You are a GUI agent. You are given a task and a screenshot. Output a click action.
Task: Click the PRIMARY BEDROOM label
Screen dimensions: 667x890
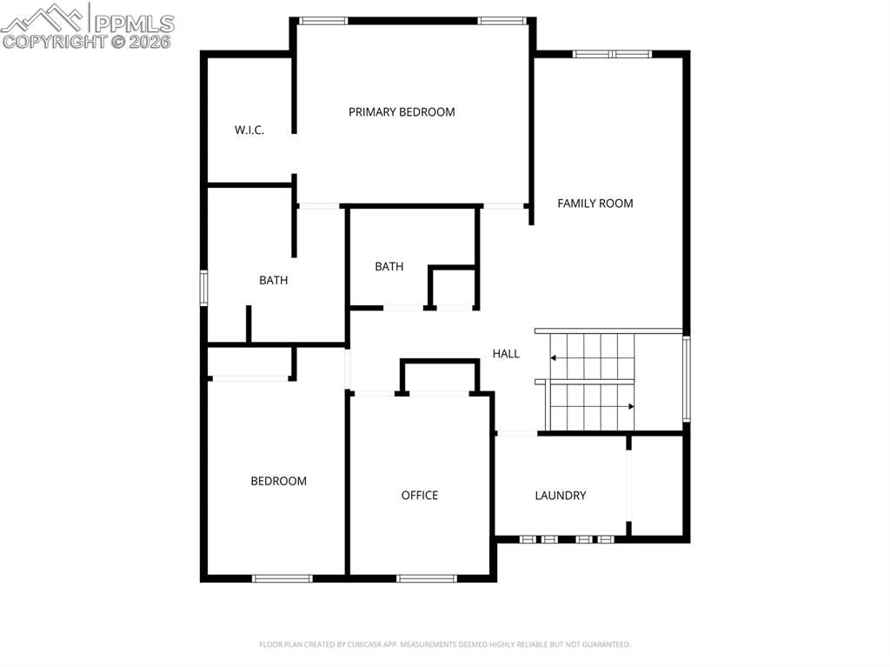pos(402,112)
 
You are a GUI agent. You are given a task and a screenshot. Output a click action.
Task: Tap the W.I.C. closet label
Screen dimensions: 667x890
pos(249,130)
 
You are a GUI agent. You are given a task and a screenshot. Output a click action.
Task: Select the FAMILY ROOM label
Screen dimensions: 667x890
pos(595,203)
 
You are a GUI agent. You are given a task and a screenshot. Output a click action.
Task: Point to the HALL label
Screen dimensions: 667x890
pos(506,354)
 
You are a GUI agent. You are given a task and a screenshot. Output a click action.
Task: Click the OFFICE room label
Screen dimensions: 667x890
pos(420,496)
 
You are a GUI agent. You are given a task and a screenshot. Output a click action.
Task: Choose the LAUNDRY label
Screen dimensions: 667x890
pos(561,496)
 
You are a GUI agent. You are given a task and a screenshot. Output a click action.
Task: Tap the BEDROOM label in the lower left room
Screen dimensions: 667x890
pos(279,481)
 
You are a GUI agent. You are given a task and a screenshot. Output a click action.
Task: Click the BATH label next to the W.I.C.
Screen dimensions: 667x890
pos(274,281)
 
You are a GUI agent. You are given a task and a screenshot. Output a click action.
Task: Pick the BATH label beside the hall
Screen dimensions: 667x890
pos(389,267)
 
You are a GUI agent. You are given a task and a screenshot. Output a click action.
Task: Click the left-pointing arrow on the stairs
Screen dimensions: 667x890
pos(555,357)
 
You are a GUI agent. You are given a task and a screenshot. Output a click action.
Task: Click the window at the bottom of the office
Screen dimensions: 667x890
pos(427,578)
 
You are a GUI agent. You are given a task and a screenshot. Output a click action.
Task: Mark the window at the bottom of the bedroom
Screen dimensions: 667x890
pos(282,578)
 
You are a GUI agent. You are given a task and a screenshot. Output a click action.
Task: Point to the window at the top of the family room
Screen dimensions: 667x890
pos(612,54)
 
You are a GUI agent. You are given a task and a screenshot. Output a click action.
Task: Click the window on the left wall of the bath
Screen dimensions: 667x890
pos(203,288)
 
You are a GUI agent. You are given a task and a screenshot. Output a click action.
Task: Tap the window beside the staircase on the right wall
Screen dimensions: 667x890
pos(686,379)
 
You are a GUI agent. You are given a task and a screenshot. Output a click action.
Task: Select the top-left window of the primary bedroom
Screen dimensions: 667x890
pos(323,20)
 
